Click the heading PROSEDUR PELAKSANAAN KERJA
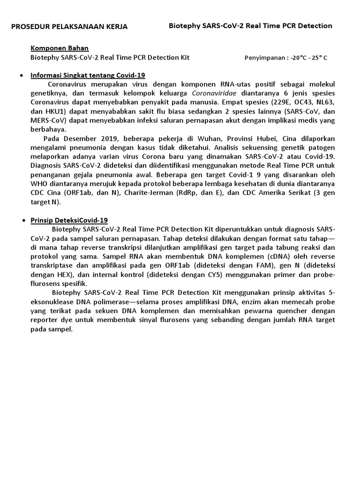(x=69, y=27)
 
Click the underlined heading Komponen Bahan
(x=60, y=48)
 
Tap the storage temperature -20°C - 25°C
(x=309, y=58)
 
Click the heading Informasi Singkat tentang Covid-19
(x=88, y=75)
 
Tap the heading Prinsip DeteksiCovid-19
(x=69, y=220)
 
